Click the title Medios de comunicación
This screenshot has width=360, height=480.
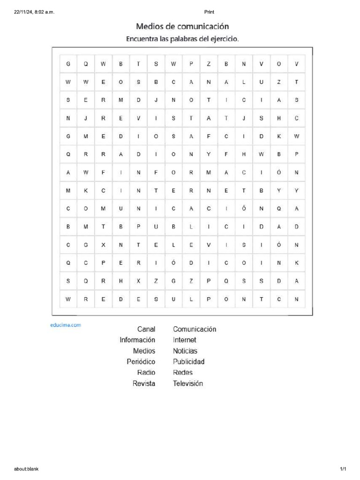pos(182,27)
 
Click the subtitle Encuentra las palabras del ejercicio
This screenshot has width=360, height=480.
pos(182,39)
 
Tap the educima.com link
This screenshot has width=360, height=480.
pos(66,324)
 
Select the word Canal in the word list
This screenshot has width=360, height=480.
pos(146,329)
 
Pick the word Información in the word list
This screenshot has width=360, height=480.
pos(137,340)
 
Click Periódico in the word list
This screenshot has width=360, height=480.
pos(141,362)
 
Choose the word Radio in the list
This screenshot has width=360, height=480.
pos(146,373)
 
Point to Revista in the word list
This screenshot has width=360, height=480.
pos(144,383)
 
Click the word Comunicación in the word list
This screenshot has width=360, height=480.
pos(195,329)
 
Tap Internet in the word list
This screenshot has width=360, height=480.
pos(184,340)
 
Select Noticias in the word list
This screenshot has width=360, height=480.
pos(185,351)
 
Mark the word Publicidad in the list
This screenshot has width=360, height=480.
pos(188,362)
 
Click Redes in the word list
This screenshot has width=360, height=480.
pos(182,373)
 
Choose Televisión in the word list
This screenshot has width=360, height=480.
pos(188,383)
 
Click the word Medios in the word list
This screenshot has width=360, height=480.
pos(144,351)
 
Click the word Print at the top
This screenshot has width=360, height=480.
pos(209,12)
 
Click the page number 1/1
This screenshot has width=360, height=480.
pos(343,469)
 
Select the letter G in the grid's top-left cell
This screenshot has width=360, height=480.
pos(68,64)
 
